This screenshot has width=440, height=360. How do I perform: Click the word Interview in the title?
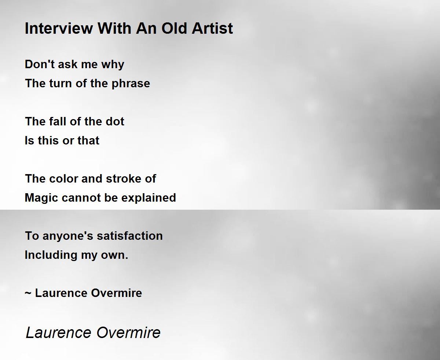coord(59,28)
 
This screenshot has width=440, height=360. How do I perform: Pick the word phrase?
coord(131,84)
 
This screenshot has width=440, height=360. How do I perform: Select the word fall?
coord(57,121)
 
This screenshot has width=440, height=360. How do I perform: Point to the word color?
coord(64,179)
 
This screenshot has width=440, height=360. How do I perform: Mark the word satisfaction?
coord(130,236)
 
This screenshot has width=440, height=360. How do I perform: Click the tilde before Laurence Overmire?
coord(28,293)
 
